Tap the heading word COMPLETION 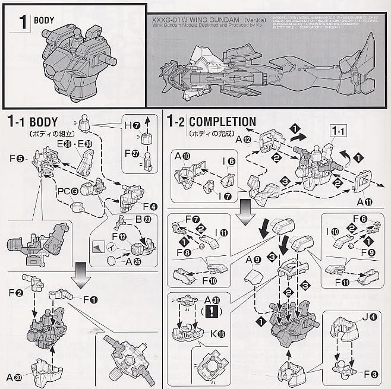(x=222, y=122)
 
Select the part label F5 (x=20, y=159)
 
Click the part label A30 (x=15, y=376)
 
